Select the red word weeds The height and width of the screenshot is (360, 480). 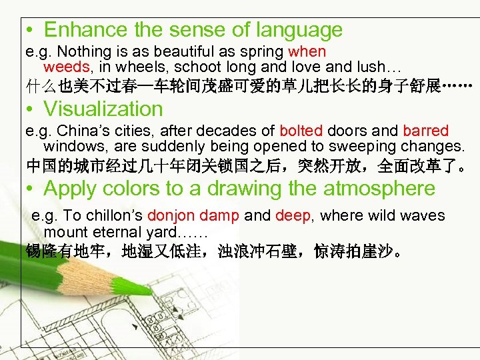click(x=66, y=67)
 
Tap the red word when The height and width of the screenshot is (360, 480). click(x=307, y=51)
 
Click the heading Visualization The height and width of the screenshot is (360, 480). click(x=103, y=109)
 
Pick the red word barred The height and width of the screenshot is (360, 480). click(x=425, y=131)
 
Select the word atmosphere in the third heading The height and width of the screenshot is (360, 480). click(x=379, y=189)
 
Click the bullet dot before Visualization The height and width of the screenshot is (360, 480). click(x=31, y=110)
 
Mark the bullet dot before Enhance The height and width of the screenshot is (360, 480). click(x=31, y=31)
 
